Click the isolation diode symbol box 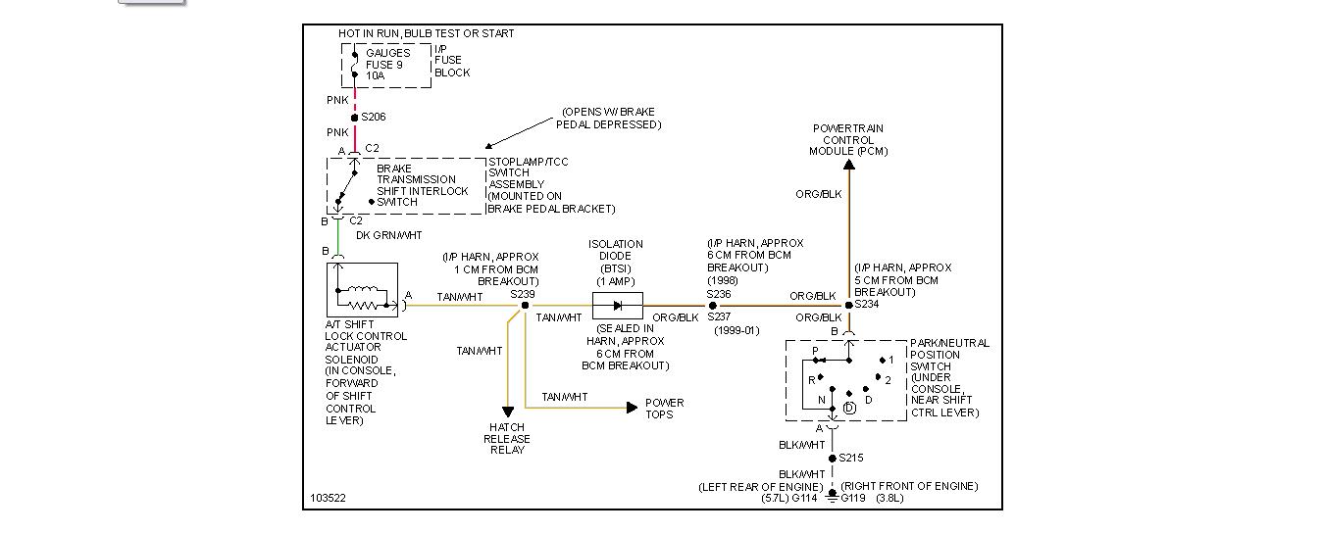(x=618, y=306)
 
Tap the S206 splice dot (x=354, y=118)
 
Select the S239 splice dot (x=525, y=306)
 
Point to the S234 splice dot (x=848, y=306)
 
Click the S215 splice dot (x=832, y=458)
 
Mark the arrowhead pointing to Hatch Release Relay (x=508, y=413)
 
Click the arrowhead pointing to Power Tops (x=633, y=408)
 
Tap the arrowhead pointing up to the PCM (x=848, y=165)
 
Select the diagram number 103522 (x=328, y=498)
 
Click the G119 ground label (x=852, y=498)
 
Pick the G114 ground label (x=804, y=498)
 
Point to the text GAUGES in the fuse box (x=387, y=53)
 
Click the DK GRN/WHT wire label (x=389, y=235)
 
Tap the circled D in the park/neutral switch (x=849, y=408)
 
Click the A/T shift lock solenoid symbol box (x=362, y=290)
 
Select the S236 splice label (x=719, y=294)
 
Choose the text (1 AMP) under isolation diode (x=616, y=281)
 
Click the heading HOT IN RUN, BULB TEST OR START (x=426, y=33)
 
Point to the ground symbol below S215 (x=832, y=497)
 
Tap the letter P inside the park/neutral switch (x=816, y=351)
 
